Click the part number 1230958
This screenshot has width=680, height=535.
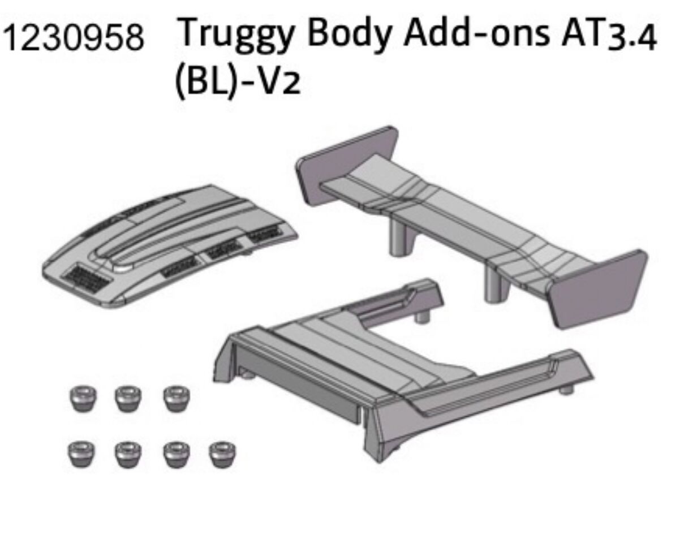point(74,38)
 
